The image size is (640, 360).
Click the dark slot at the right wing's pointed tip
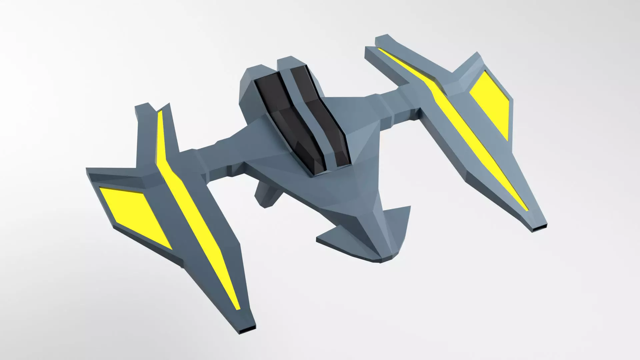click(x=539, y=228)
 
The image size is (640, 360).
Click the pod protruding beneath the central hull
click(x=267, y=195)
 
